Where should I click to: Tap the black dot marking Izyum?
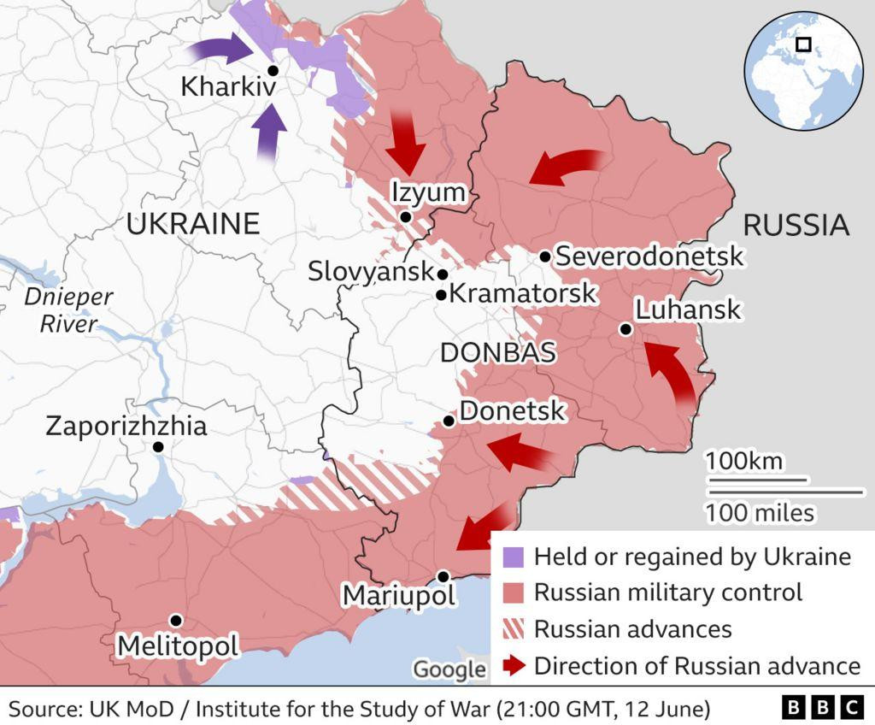click(x=406, y=217)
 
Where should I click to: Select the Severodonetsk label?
click(x=649, y=256)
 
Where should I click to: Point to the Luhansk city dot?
click(x=626, y=329)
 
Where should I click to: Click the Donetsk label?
click(x=512, y=411)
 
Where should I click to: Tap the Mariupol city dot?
click(x=443, y=576)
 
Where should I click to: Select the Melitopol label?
click(x=178, y=645)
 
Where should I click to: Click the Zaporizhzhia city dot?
click(x=158, y=446)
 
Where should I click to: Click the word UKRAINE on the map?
click(x=193, y=224)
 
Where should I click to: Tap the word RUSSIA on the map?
click(x=796, y=225)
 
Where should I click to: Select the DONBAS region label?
click(x=497, y=352)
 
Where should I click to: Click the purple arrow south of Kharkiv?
click(x=270, y=131)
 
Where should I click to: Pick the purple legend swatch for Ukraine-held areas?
click(x=513, y=557)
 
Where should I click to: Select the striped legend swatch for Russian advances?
click(x=513, y=630)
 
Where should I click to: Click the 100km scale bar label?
click(x=743, y=462)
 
